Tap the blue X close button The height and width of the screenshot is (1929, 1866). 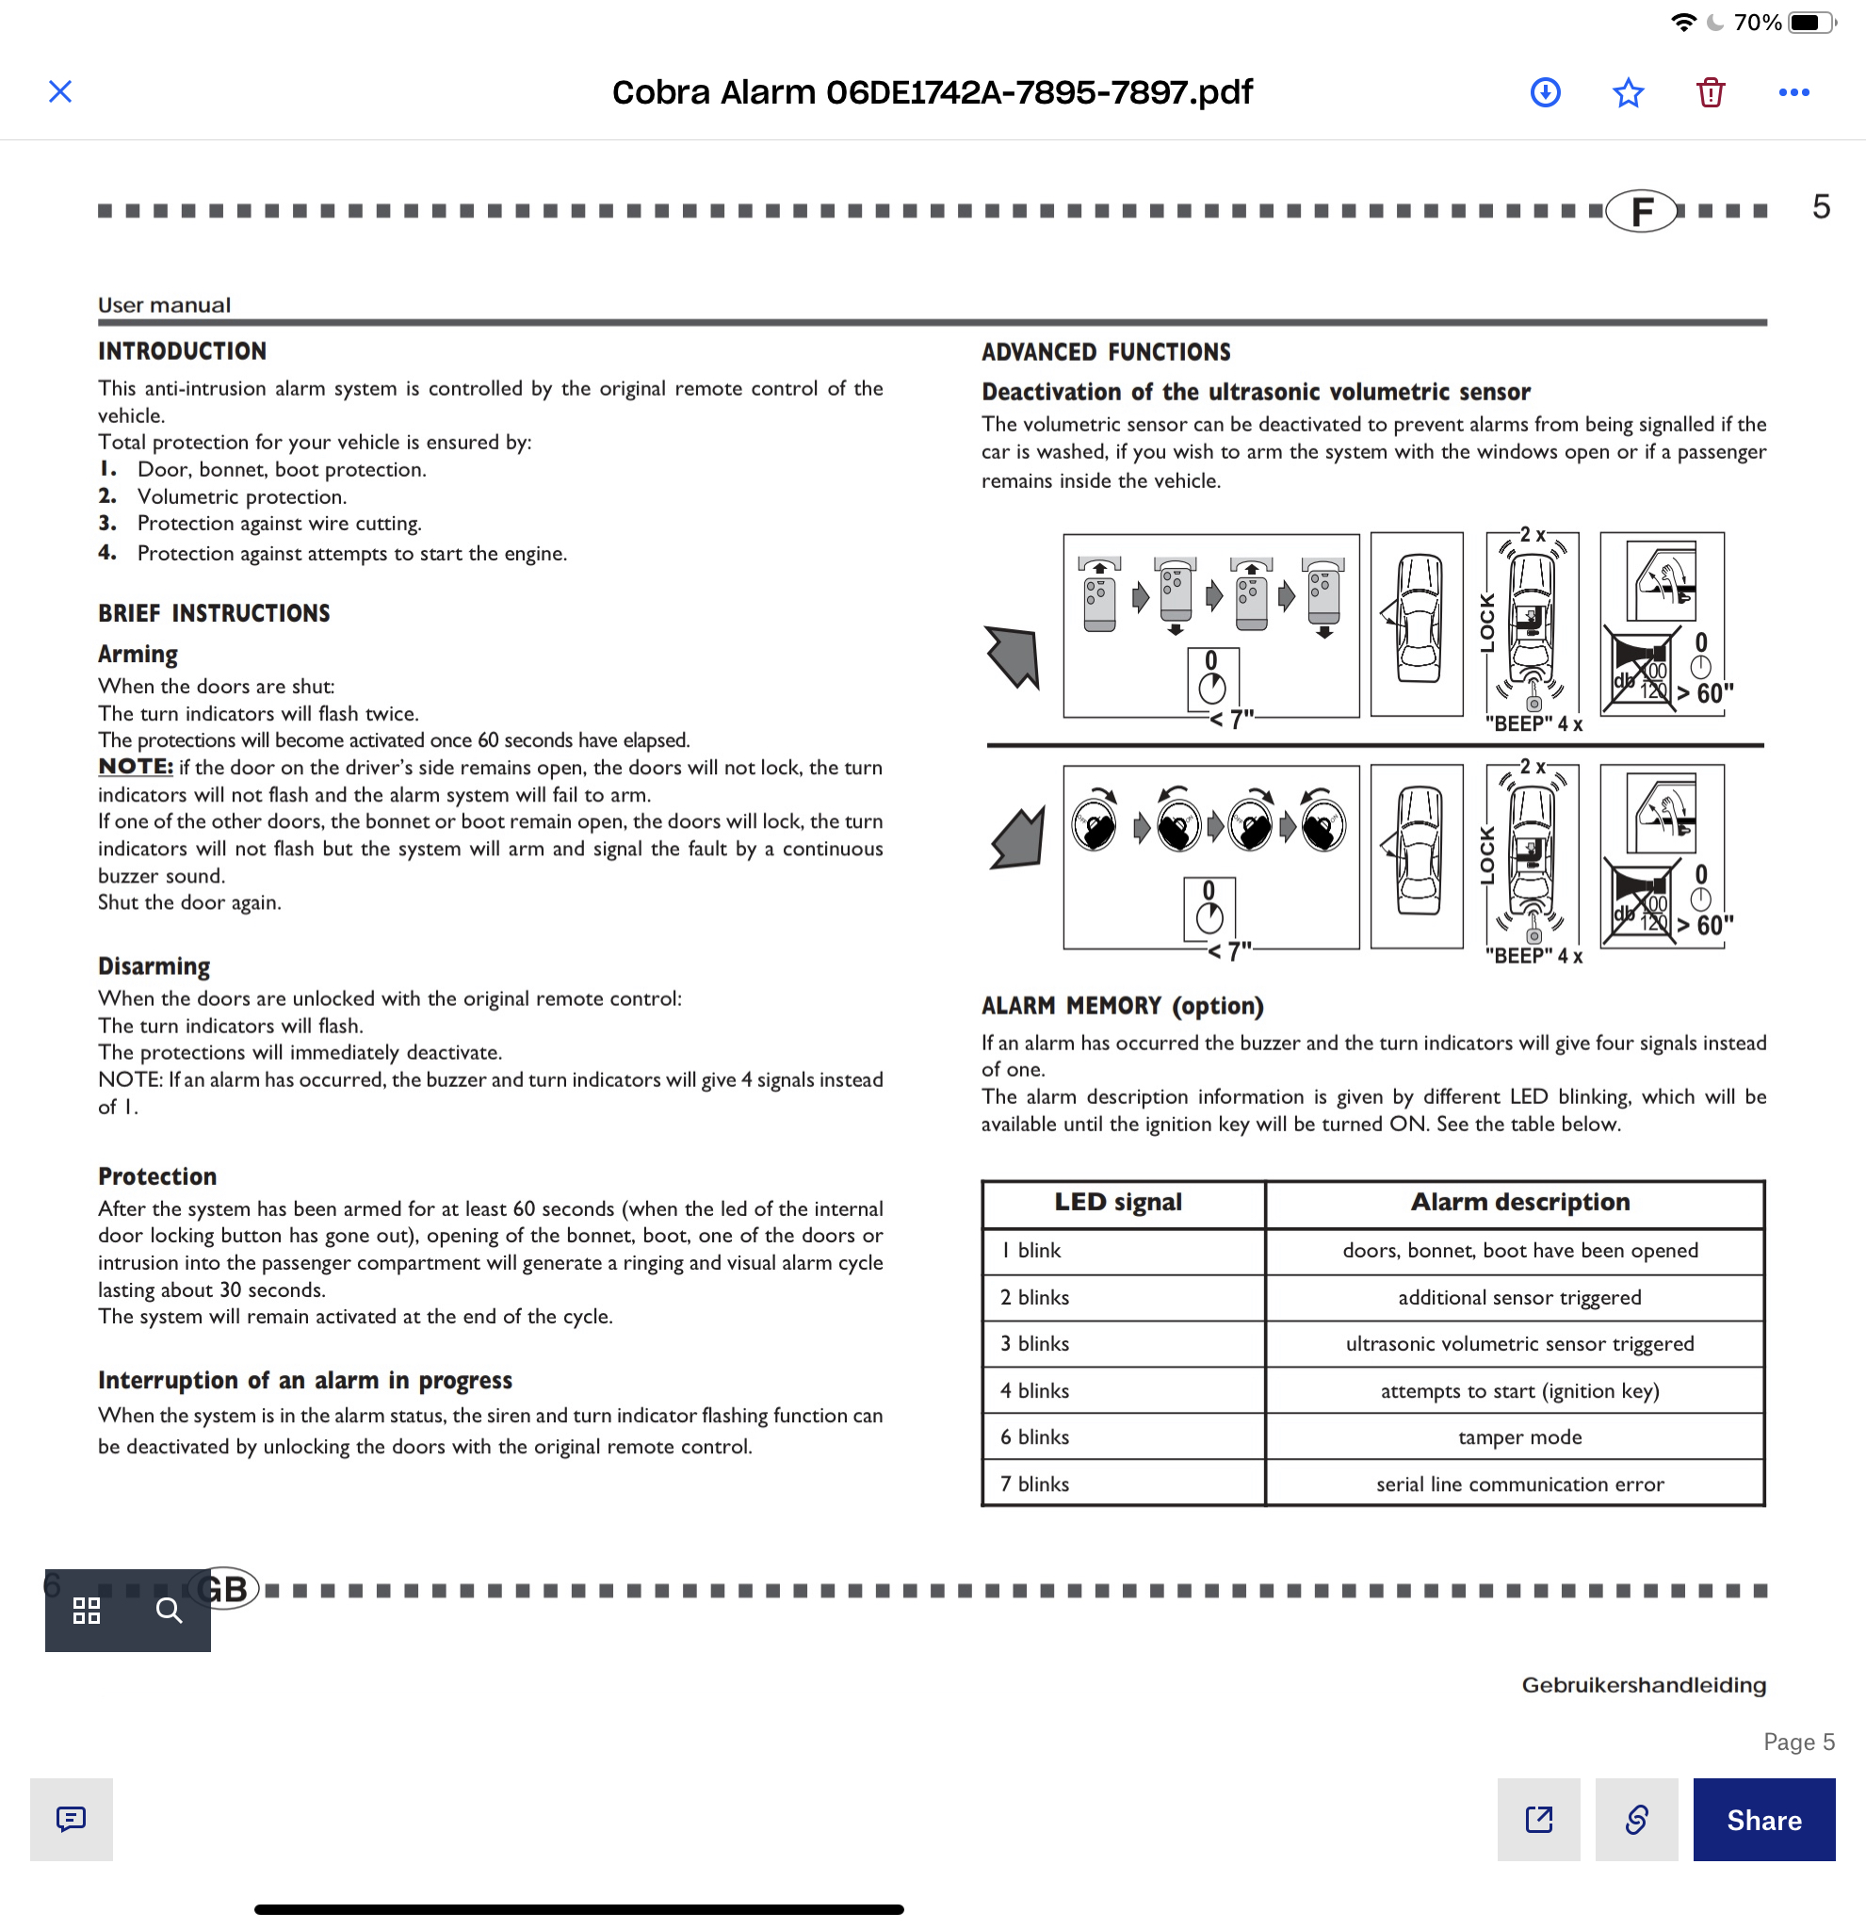pyautogui.click(x=60, y=91)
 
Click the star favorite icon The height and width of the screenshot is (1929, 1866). pyautogui.click(x=1628, y=92)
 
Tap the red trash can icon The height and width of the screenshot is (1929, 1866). pyautogui.click(x=1711, y=92)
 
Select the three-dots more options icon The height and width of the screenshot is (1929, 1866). pyautogui.click(x=1793, y=92)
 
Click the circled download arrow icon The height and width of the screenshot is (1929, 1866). pyautogui.click(x=1545, y=92)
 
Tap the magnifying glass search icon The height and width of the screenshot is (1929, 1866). pyautogui.click(x=170, y=1610)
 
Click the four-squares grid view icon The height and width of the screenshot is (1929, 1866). pyautogui.click(x=87, y=1610)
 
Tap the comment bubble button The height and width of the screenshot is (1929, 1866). pyautogui.click(x=71, y=1819)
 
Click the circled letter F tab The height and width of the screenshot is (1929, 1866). pyautogui.click(x=1642, y=211)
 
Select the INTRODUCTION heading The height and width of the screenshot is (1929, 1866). pyautogui.click(x=182, y=351)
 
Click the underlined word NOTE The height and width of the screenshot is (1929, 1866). pyautogui.click(x=135, y=767)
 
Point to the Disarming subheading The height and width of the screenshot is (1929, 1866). pyautogui.click(x=154, y=966)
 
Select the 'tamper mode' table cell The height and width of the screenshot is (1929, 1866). pyautogui.click(x=1518, y=1437)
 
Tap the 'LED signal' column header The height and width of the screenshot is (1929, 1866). pyautogui.click(x=1118, y=1202)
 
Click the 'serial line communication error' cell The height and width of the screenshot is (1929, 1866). pyautogui.click(x=1518, y=1484)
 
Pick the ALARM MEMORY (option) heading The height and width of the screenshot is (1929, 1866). pyautogui.click(x=1122, y=1006)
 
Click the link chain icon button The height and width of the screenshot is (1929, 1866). pyautogui.click(x=1636, y=1819)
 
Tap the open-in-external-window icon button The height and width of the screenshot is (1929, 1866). pyautogui.click(x=1538, y=1819)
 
